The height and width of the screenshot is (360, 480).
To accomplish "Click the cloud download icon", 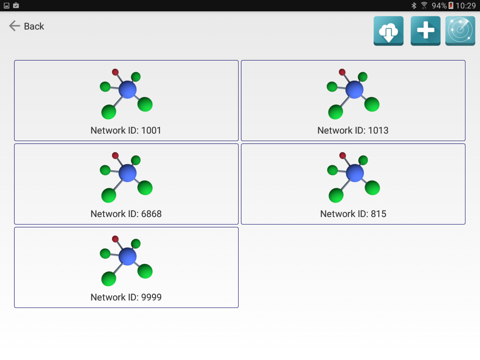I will coord(388,31).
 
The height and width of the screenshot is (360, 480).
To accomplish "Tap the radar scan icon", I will coord(460,31).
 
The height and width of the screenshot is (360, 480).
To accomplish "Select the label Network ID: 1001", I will coord(126,130).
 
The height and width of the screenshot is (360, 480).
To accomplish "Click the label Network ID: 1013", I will coord(352,130).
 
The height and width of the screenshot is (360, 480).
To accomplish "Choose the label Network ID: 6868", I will coord(126,214).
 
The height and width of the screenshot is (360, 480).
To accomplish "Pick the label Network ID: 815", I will coord(353,214).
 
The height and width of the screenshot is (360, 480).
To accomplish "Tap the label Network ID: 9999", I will coord(126,297).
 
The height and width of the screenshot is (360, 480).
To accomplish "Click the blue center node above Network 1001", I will coord(127,90).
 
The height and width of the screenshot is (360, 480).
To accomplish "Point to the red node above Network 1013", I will coord(342,72).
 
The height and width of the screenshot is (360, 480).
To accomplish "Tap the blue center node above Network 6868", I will coord(127,173).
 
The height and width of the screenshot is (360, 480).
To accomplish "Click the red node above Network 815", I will coord(343,156).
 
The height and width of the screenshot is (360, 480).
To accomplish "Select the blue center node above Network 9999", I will coord(127,256).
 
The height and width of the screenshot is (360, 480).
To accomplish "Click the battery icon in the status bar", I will coord(451,6).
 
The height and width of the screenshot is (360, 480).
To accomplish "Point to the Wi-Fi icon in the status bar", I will coord(424,6).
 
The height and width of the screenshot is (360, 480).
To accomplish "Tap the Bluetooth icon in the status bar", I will coord(414,6).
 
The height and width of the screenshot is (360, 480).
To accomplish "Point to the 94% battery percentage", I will coord(439,6).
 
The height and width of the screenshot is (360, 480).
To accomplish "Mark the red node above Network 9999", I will coord(115,239).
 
